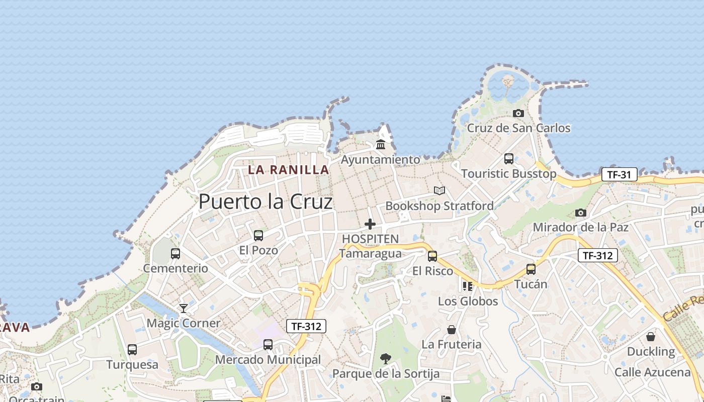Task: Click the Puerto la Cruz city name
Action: (266, 202)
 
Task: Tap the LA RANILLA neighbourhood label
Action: (289, 170)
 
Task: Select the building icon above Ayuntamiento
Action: (381, 145)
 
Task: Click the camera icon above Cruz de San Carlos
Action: (518, 113)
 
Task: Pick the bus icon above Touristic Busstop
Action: (509, 159)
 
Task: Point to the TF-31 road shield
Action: (619, 175)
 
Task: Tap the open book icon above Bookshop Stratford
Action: (439, 191)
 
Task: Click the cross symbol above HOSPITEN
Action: (370, 224)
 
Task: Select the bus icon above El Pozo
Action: (258, 235)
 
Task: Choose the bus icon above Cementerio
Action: (175, 254)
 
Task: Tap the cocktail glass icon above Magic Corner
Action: (184, 308)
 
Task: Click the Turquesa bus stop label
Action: (132, 364)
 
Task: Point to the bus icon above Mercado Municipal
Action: (268, 345)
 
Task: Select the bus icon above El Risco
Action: (432, 256)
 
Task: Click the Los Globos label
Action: (468, 301)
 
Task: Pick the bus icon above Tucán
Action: (531, 269)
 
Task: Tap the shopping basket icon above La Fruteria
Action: (452, 330)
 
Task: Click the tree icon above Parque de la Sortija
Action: (386, 359)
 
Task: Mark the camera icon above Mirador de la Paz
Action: (581, 213)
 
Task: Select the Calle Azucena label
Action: (653, 372)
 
